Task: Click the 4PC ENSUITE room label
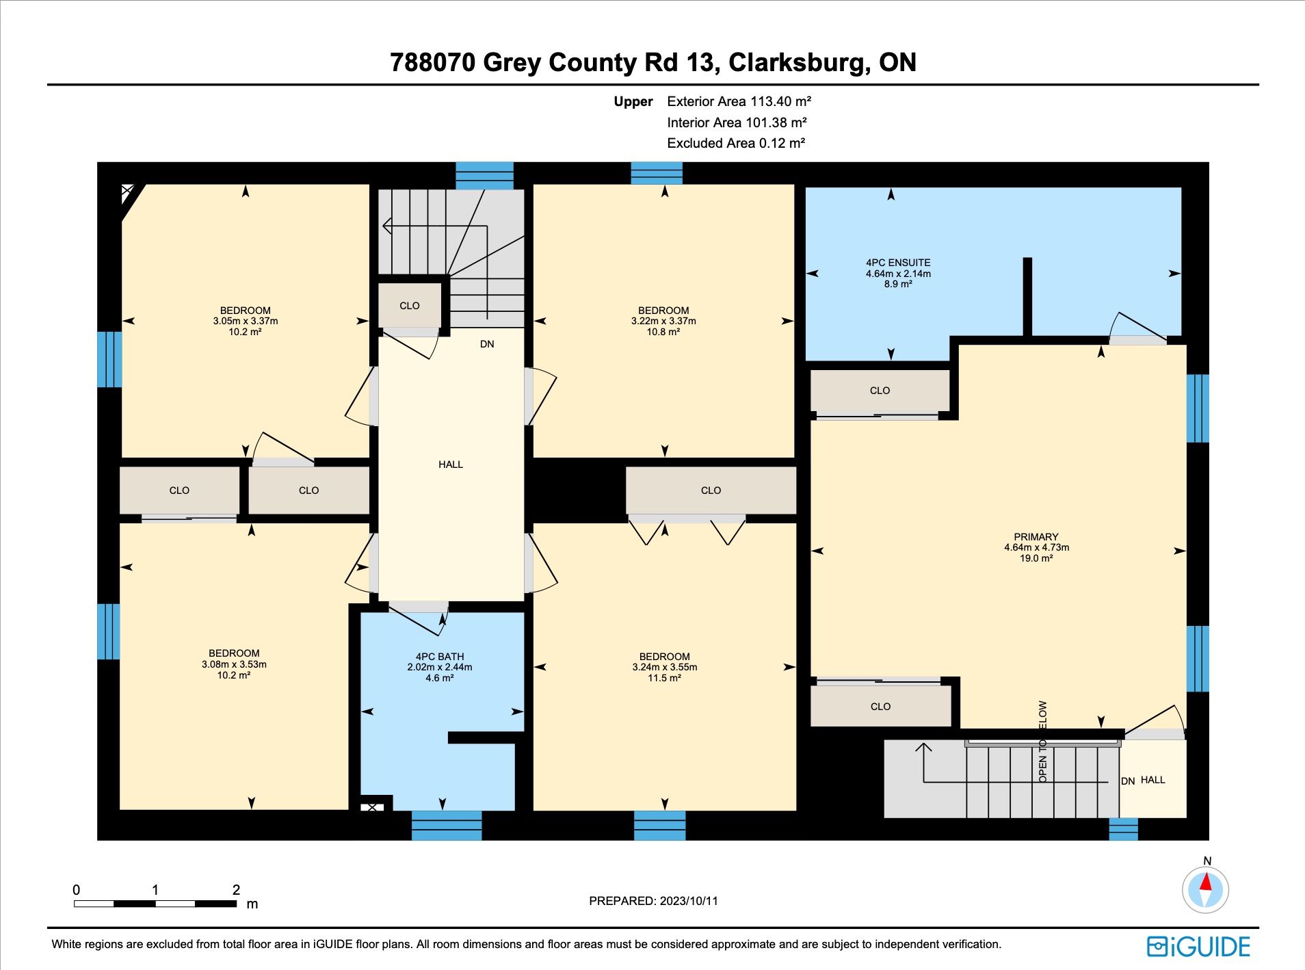[898, 263]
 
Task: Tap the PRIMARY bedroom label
[1036, 537]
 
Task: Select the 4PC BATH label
[440, 657]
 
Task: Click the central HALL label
[451, 464]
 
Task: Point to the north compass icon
[1206, 889]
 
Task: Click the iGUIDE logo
[1199, 947]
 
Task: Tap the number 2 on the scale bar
[236, 890]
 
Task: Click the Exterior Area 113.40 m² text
[739, 101]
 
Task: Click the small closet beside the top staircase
[410, 306]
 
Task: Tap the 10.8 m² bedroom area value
[663, 332]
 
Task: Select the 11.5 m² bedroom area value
[665, 678]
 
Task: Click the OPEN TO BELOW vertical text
[1042, 742]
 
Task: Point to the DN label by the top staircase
[487, 344]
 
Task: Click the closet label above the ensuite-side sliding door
[880, 391]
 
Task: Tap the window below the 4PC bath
[447, 826]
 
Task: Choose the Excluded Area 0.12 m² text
[736, 143]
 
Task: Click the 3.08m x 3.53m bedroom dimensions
[234, 664]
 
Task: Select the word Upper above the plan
[633, 102]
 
